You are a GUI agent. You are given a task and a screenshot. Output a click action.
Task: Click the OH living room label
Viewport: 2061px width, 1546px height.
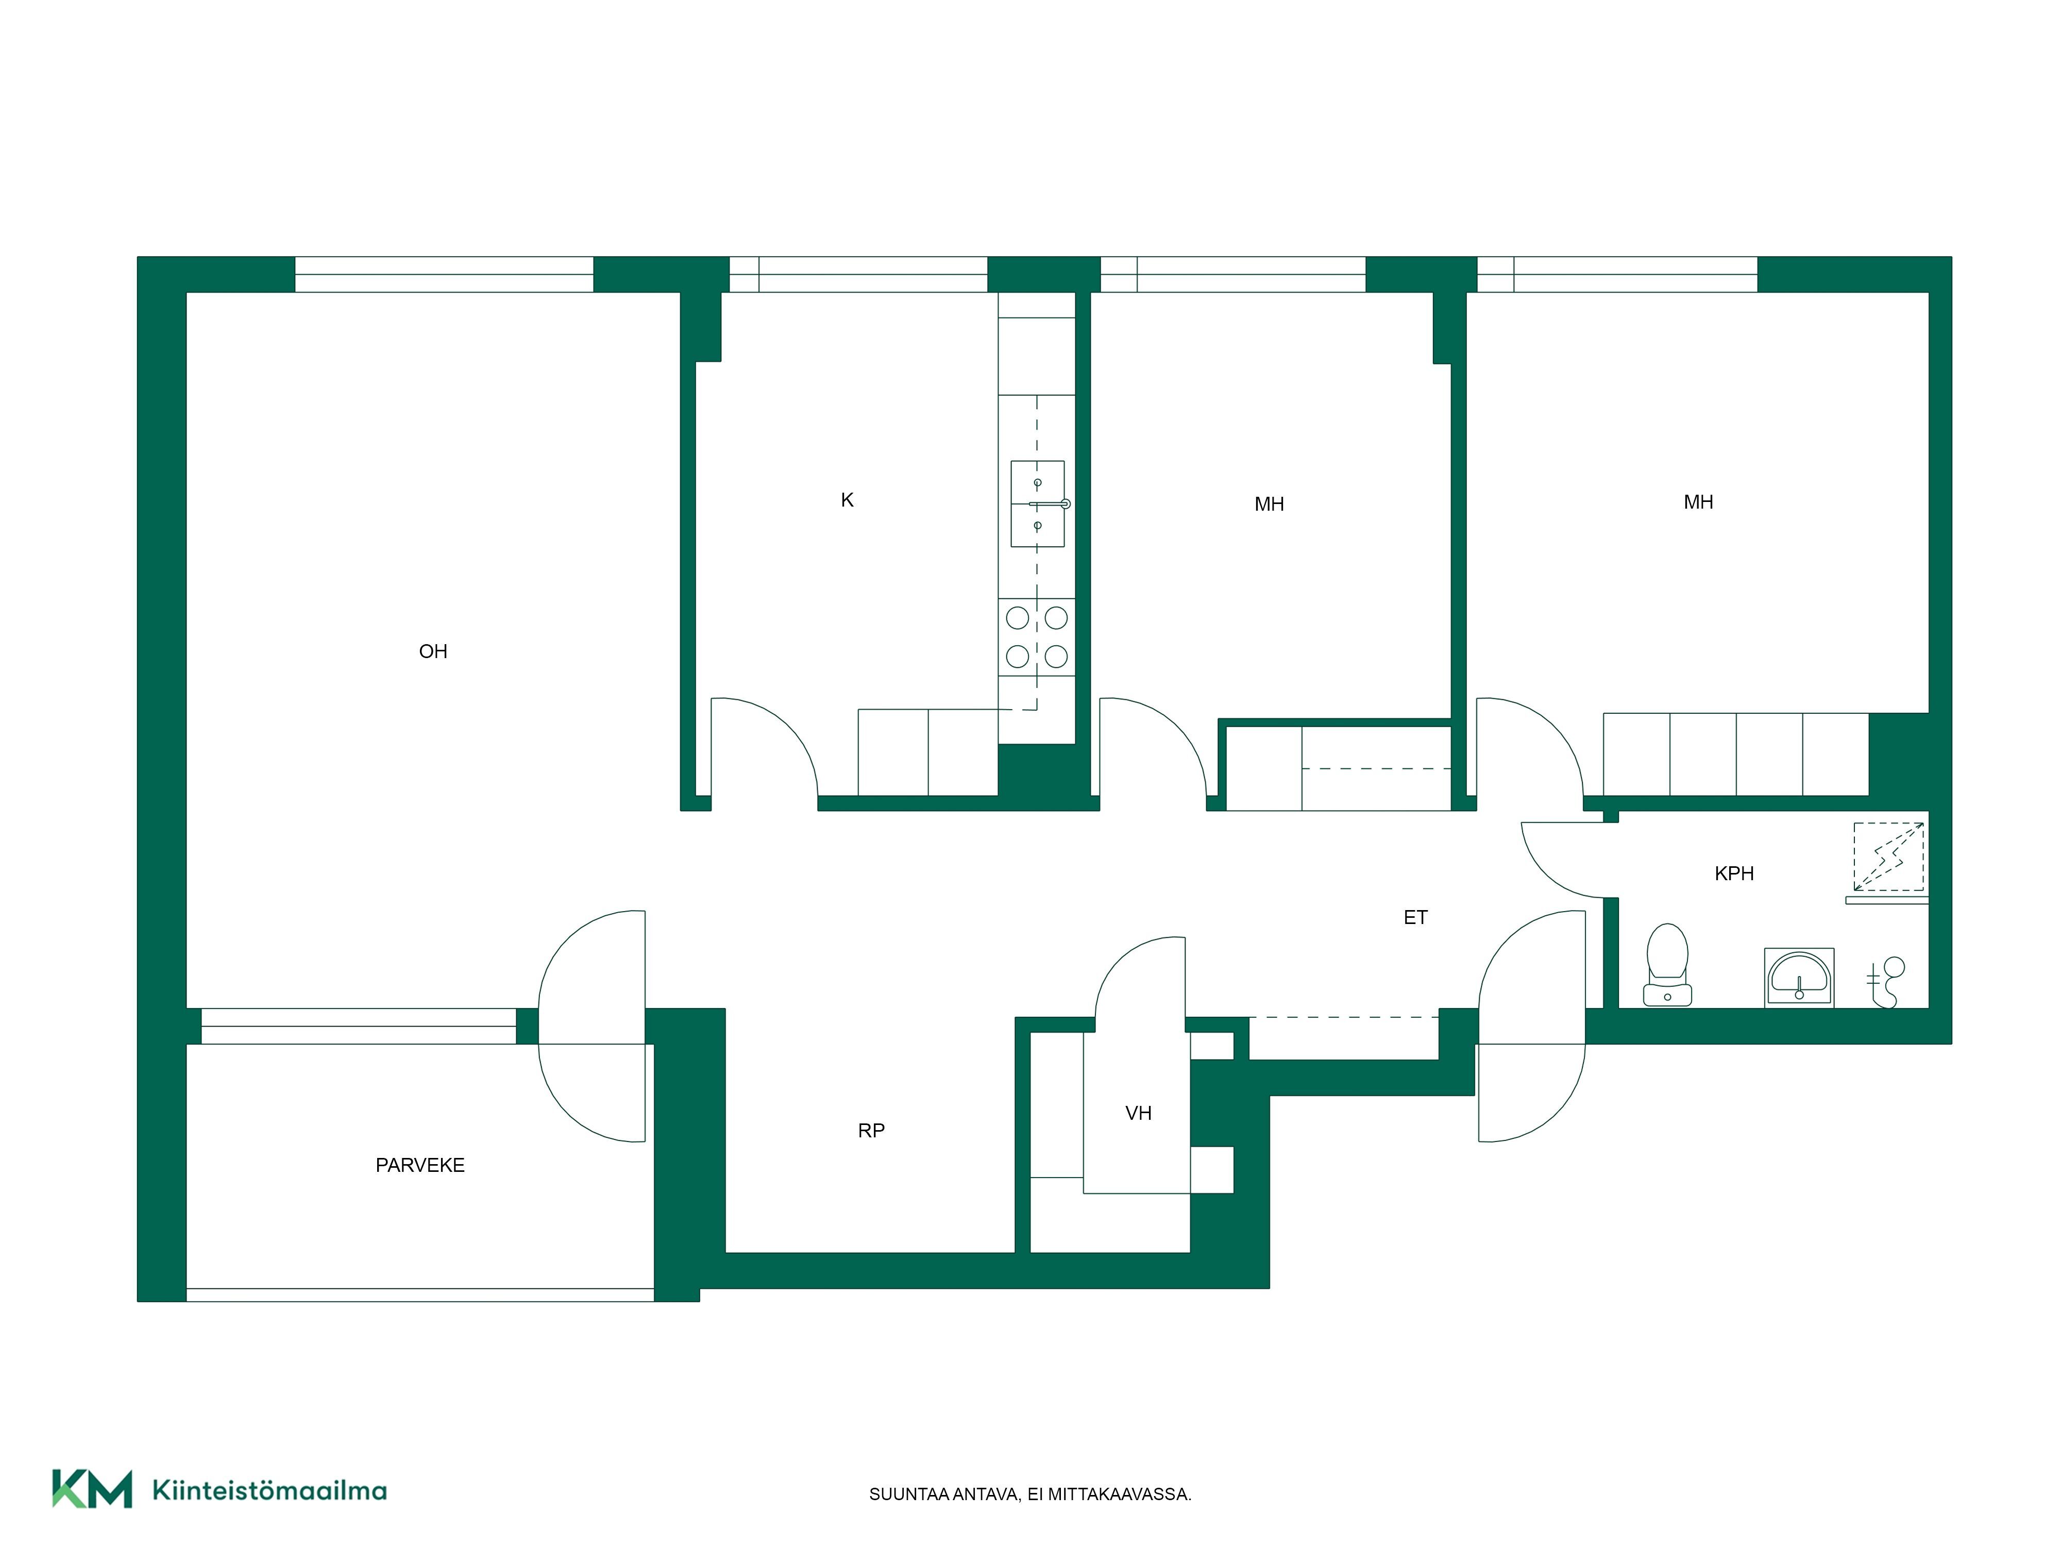pos(433,651)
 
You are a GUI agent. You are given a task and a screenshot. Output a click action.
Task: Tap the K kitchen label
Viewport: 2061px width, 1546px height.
pos(847,500)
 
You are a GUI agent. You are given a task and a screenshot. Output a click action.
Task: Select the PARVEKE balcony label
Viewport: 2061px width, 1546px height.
pos(420,1165)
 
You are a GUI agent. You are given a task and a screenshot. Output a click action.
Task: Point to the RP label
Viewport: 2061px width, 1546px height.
pos(871,1130)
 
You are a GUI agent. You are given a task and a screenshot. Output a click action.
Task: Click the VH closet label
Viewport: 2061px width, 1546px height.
pos(1139,1113)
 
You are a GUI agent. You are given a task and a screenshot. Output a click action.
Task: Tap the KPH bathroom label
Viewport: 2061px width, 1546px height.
pos(1734,873)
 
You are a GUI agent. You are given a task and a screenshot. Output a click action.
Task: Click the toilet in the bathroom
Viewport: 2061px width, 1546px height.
pos(1667,965)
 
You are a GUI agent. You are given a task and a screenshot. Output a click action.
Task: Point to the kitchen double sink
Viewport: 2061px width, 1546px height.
pos(1038,504)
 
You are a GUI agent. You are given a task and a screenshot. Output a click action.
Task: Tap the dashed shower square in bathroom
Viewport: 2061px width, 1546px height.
pos(1888,856)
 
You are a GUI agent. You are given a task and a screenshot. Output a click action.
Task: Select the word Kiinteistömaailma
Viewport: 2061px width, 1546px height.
pos(269,1490)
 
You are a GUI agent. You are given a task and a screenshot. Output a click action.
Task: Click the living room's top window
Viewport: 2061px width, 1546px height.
pos(445,275)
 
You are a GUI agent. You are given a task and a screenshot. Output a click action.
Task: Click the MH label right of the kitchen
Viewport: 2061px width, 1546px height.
pos(1269,504)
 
